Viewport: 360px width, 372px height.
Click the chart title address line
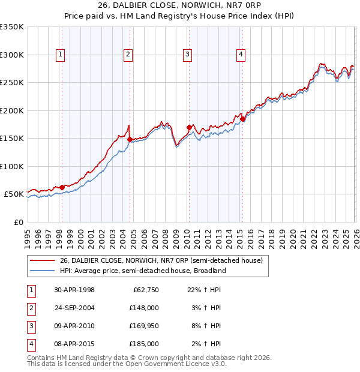(x=180, y=5)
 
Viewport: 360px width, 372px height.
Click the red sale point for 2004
(x=130, y=139)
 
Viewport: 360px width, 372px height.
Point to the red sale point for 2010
(x=189, y=127)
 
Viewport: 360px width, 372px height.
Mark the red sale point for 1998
(x=62, y=187)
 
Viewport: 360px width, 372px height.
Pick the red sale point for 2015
(x=242, y=119)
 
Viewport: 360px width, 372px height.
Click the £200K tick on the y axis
(x=12, y=110)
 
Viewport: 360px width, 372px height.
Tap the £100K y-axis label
(x=12, y=166)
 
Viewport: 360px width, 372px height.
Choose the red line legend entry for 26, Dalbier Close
(x=161, y=260)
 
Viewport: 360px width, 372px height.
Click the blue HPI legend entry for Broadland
(x=143, y=271)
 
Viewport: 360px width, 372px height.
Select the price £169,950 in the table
(x=143, y=326)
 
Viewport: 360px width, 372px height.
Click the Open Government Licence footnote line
(x=127, y=364)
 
